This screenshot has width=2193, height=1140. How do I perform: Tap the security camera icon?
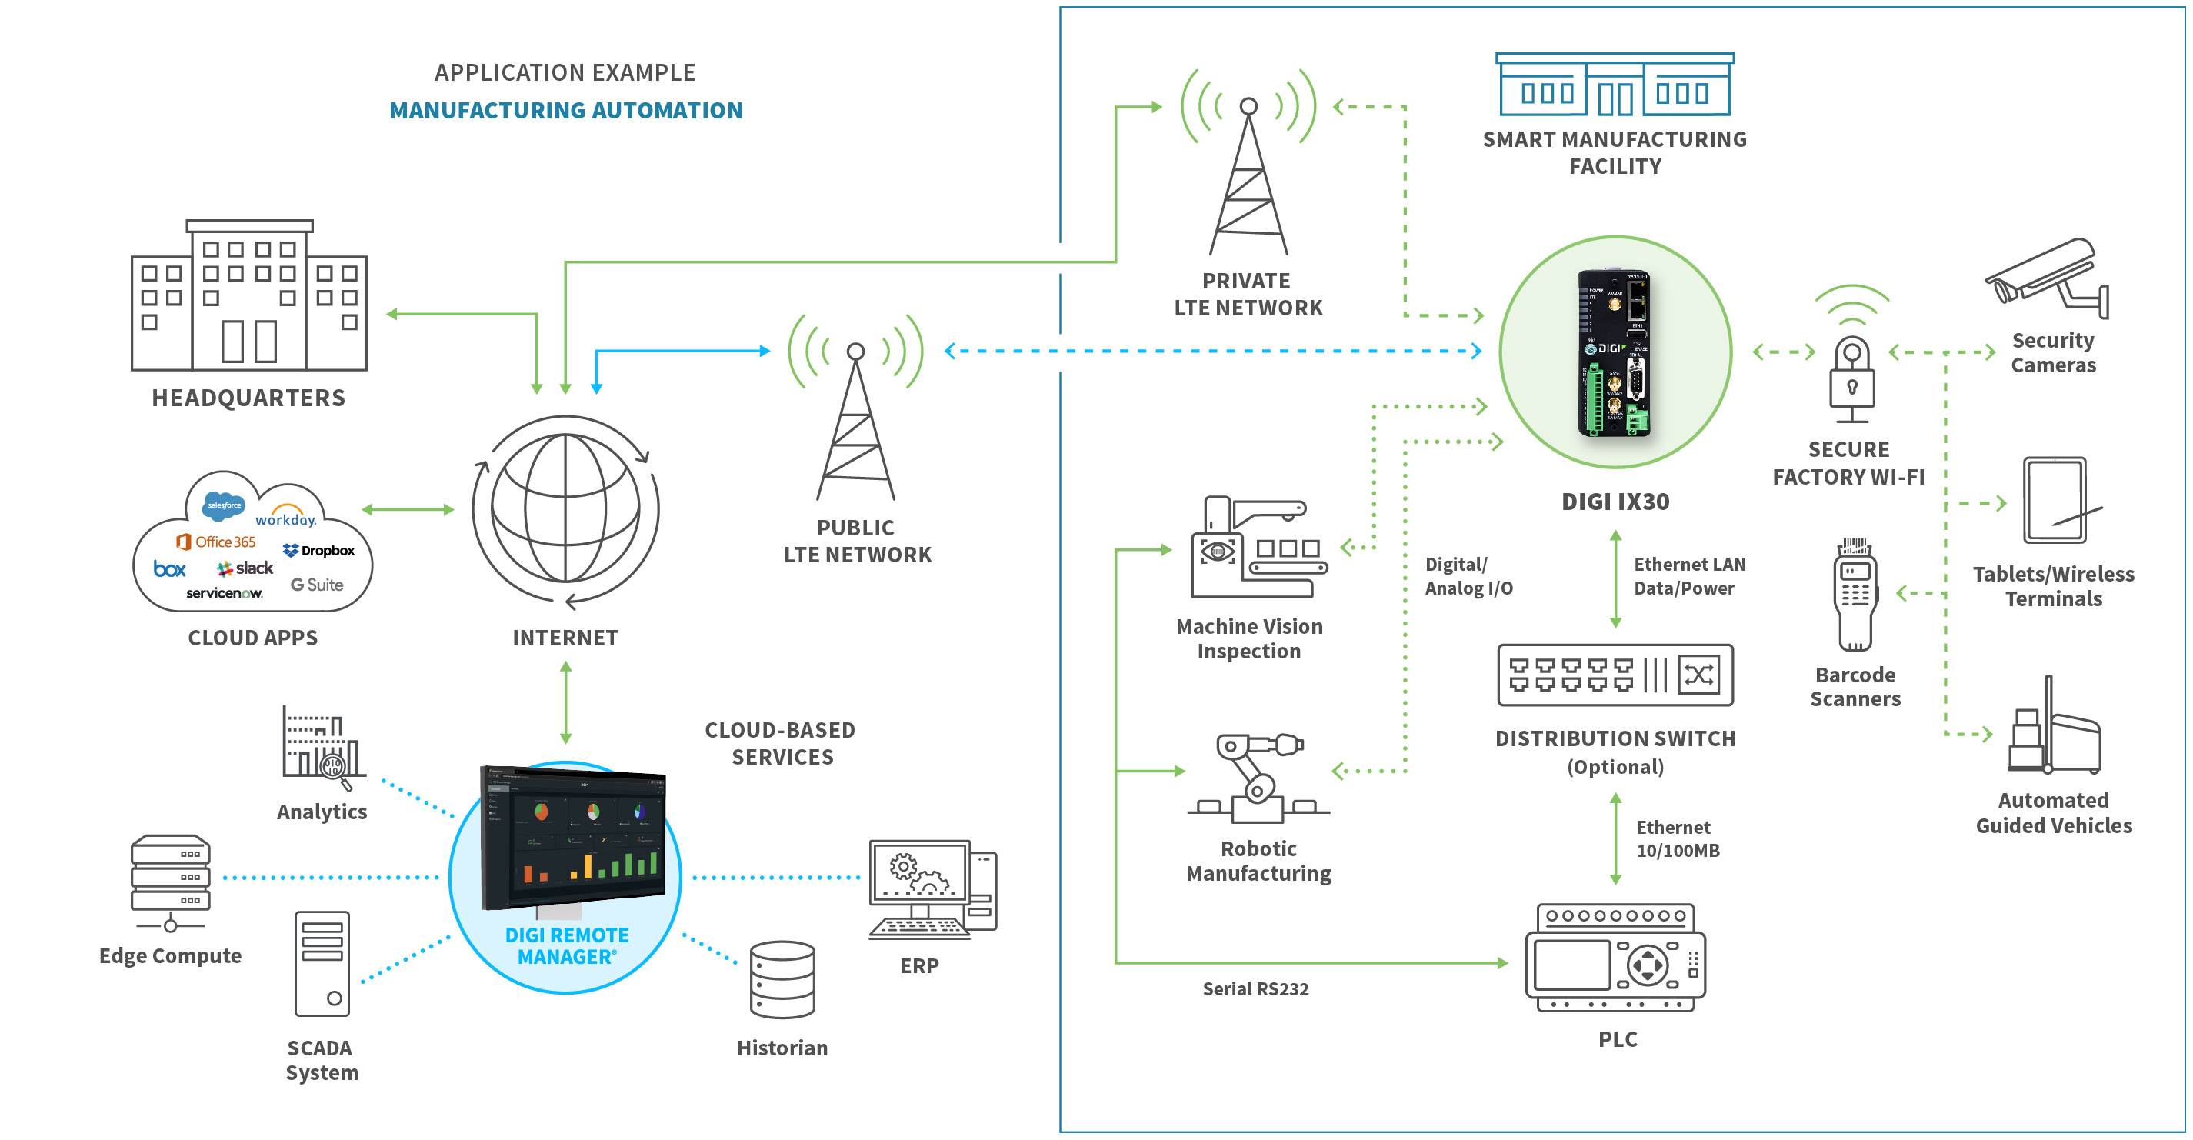(x=2047, y=277)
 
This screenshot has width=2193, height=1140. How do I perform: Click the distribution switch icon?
(x=1615, y=675)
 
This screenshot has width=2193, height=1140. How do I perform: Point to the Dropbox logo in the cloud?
(x=319, y=551)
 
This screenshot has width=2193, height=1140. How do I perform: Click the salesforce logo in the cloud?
(x=224, y=505)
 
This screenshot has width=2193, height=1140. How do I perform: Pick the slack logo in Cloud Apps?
(x=245, y=568)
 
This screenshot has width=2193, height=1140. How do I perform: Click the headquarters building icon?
(x=248, y=298)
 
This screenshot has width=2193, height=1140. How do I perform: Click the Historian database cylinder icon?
(x=782, y=979)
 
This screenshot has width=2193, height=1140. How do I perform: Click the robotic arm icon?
(x=1258, y=779)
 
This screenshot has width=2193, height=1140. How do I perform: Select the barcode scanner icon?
(x=1856, y=596)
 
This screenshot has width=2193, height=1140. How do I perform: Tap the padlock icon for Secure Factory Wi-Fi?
(x=1851, y=375)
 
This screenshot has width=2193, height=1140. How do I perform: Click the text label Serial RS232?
(x=1255, y=989)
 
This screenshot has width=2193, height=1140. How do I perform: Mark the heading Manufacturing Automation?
(x=565, y=111)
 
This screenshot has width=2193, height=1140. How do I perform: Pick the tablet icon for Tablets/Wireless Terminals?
(x=2055, y=501)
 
